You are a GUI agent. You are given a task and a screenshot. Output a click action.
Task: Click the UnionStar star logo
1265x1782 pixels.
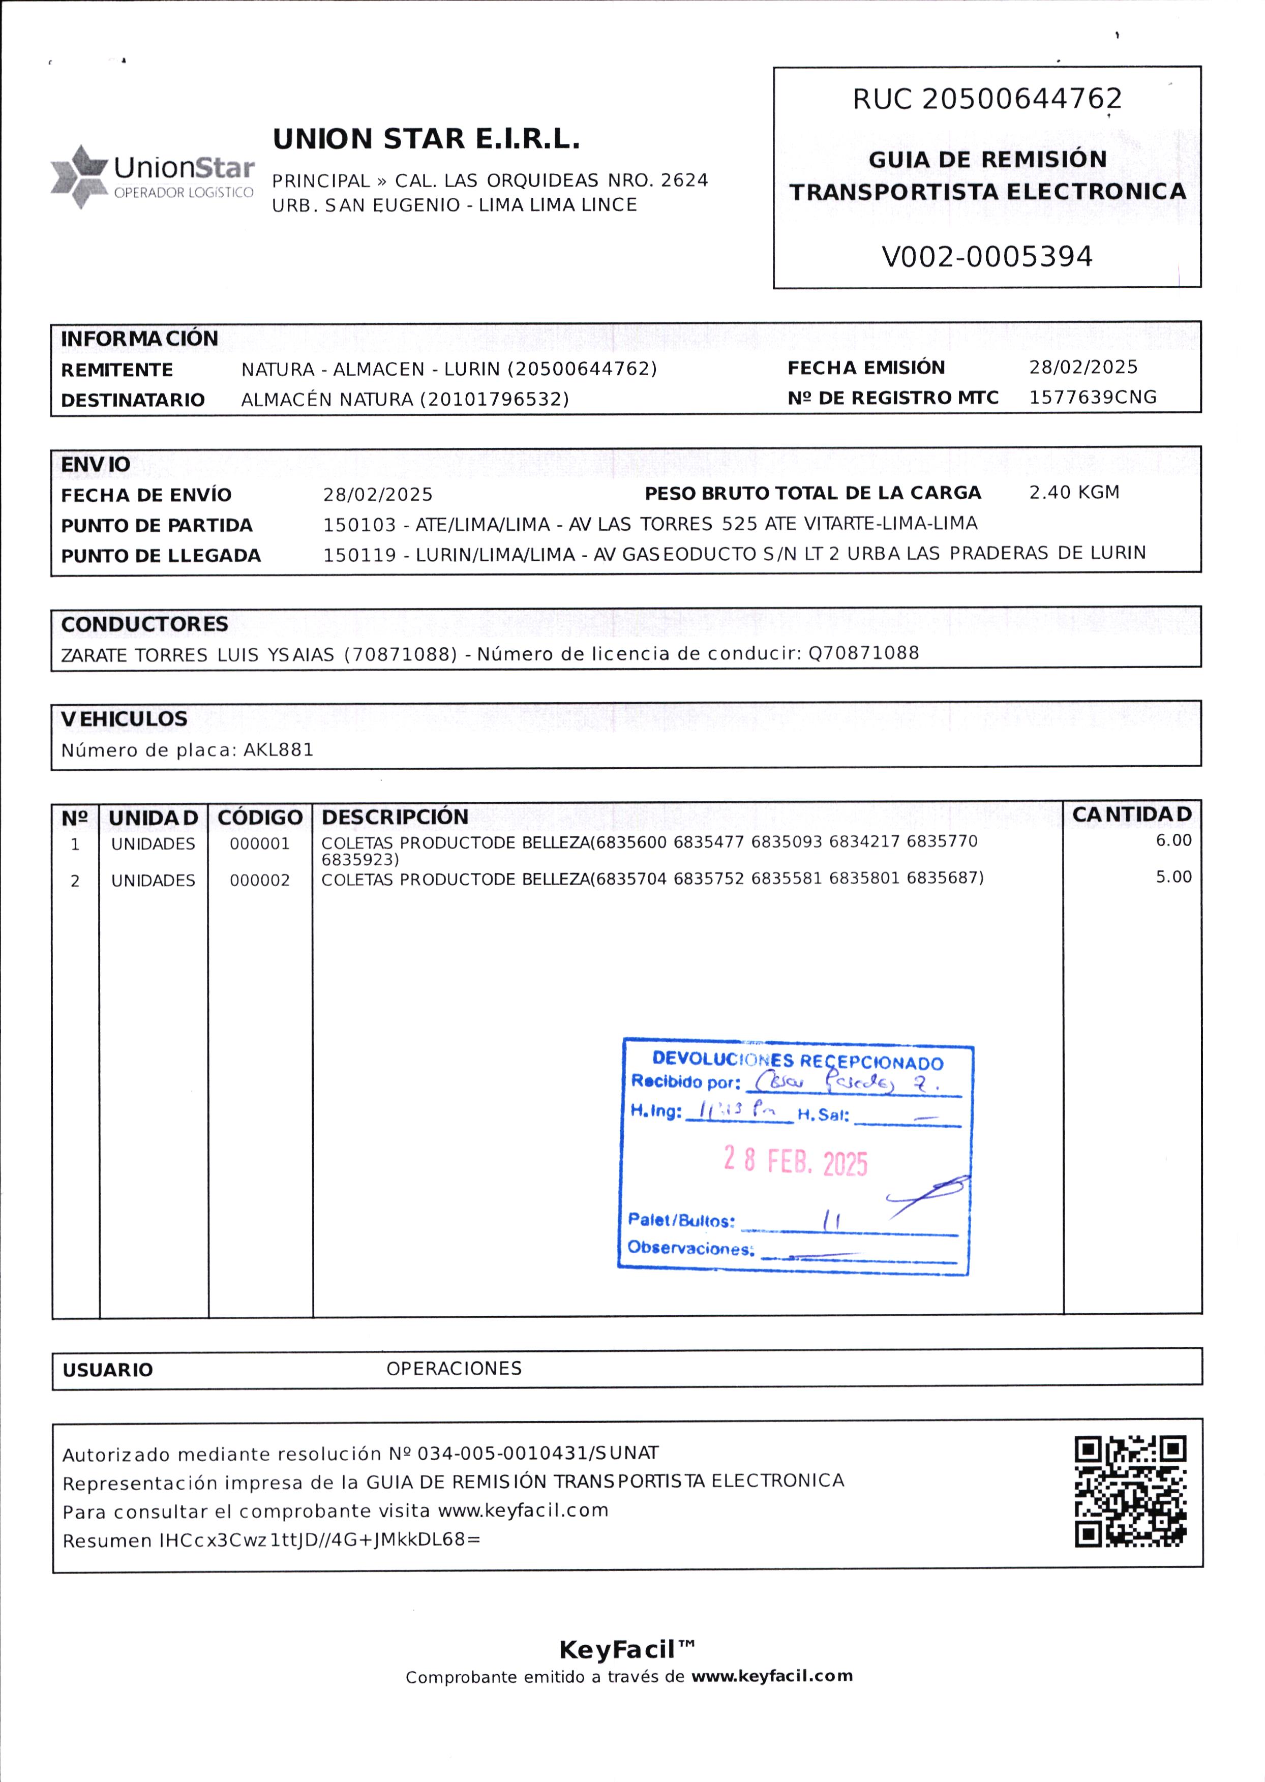tap(78, 176)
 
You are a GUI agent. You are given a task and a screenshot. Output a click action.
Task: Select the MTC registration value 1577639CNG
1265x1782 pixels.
tap(1093, 397)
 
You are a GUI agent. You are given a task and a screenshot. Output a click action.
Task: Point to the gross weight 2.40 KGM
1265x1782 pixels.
tap(1074, 492)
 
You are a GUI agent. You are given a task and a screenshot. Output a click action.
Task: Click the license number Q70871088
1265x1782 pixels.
tap(864, 653)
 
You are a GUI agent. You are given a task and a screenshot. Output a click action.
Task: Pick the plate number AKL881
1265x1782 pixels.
tap(278, 750)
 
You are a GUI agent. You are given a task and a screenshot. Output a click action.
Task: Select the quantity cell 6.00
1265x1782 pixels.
tap(1173, 840)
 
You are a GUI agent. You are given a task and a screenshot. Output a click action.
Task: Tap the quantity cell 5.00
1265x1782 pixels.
tap(1173, 877)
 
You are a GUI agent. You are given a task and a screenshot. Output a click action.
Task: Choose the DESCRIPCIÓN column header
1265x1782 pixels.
tap(395, 817)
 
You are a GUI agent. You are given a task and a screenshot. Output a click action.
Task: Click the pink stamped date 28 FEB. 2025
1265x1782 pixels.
tap(795, 1162)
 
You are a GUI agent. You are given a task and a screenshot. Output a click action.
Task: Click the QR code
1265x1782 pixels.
tap(1130, 1492)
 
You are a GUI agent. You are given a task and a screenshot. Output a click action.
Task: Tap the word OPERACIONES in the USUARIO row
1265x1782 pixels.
tap(454, 1369)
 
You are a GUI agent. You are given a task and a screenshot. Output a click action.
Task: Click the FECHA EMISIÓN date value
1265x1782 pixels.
tap(1083, 367)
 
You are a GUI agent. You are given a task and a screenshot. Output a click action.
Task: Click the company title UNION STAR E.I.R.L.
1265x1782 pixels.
tap(426, 139)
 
